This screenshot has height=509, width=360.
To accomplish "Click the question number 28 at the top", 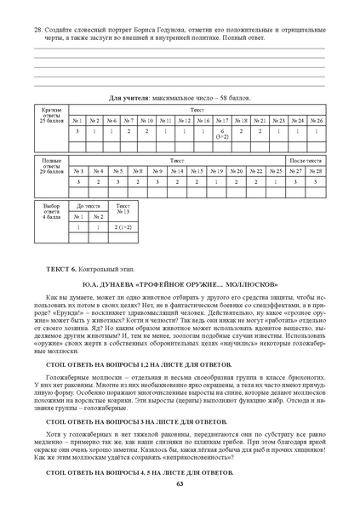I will pyautogui.click(x=37, y=27).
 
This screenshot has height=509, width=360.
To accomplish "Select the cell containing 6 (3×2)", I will pyautogui.click(x=221, y=134).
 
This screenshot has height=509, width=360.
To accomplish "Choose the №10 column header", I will pyautogui.click(x=147, y=121).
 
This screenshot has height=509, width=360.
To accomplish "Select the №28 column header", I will pyautogui.click(x=316, y=170).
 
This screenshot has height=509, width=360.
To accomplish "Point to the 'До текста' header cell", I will pyautogui.click(x=89, y=206).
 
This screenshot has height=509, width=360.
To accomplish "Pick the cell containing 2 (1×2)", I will pyautogui.click(x=123, y=227).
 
